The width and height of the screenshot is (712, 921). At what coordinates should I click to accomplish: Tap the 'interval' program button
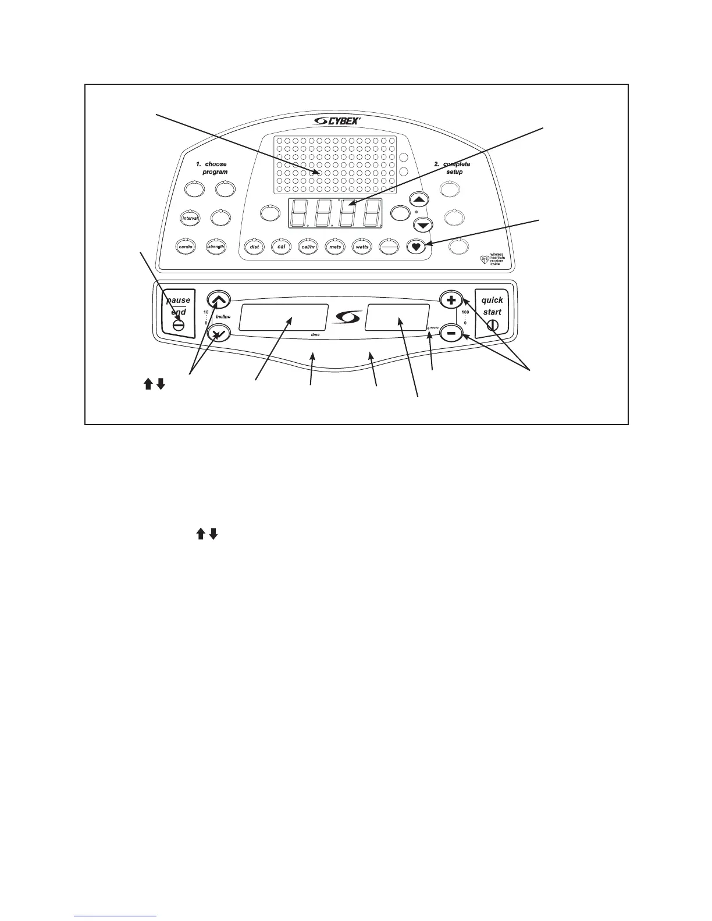(191, 218)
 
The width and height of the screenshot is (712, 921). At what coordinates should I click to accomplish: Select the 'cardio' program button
(186, 247)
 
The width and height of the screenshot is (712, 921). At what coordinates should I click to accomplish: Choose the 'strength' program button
(216, 247)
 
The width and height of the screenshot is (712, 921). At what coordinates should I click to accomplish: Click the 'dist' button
(254, 247)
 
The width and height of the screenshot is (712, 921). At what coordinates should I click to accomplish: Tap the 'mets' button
(335, 247)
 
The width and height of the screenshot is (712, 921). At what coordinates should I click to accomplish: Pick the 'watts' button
(362, 247)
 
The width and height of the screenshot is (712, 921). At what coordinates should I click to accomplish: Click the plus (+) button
(450, 300)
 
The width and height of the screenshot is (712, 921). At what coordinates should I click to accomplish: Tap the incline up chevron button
(219, 300)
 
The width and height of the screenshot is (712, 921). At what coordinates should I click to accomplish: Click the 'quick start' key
(492, 313)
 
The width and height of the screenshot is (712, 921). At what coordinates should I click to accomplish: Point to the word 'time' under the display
(315, 335)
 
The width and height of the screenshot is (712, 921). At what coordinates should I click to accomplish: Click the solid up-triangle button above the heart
(419, 199)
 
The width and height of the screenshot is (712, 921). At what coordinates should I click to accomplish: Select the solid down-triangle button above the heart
(423, 225)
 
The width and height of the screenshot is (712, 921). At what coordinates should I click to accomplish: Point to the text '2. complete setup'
(453, 168)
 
